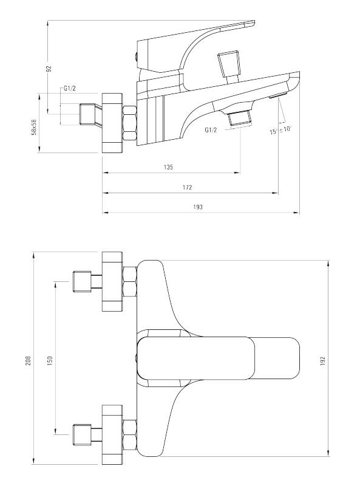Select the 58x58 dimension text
coord(35,127)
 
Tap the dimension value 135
coord(169,167)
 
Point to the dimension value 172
coord(188,188)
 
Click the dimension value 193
coord(197,207)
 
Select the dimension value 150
coord(50,360)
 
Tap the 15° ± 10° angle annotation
coord(280,130)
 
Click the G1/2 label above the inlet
coord(70,89)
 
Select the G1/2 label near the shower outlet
coord(211,130)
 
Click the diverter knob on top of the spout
coord(229,63)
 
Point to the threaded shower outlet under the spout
coord(240,119)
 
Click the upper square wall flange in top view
coord(112,281)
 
